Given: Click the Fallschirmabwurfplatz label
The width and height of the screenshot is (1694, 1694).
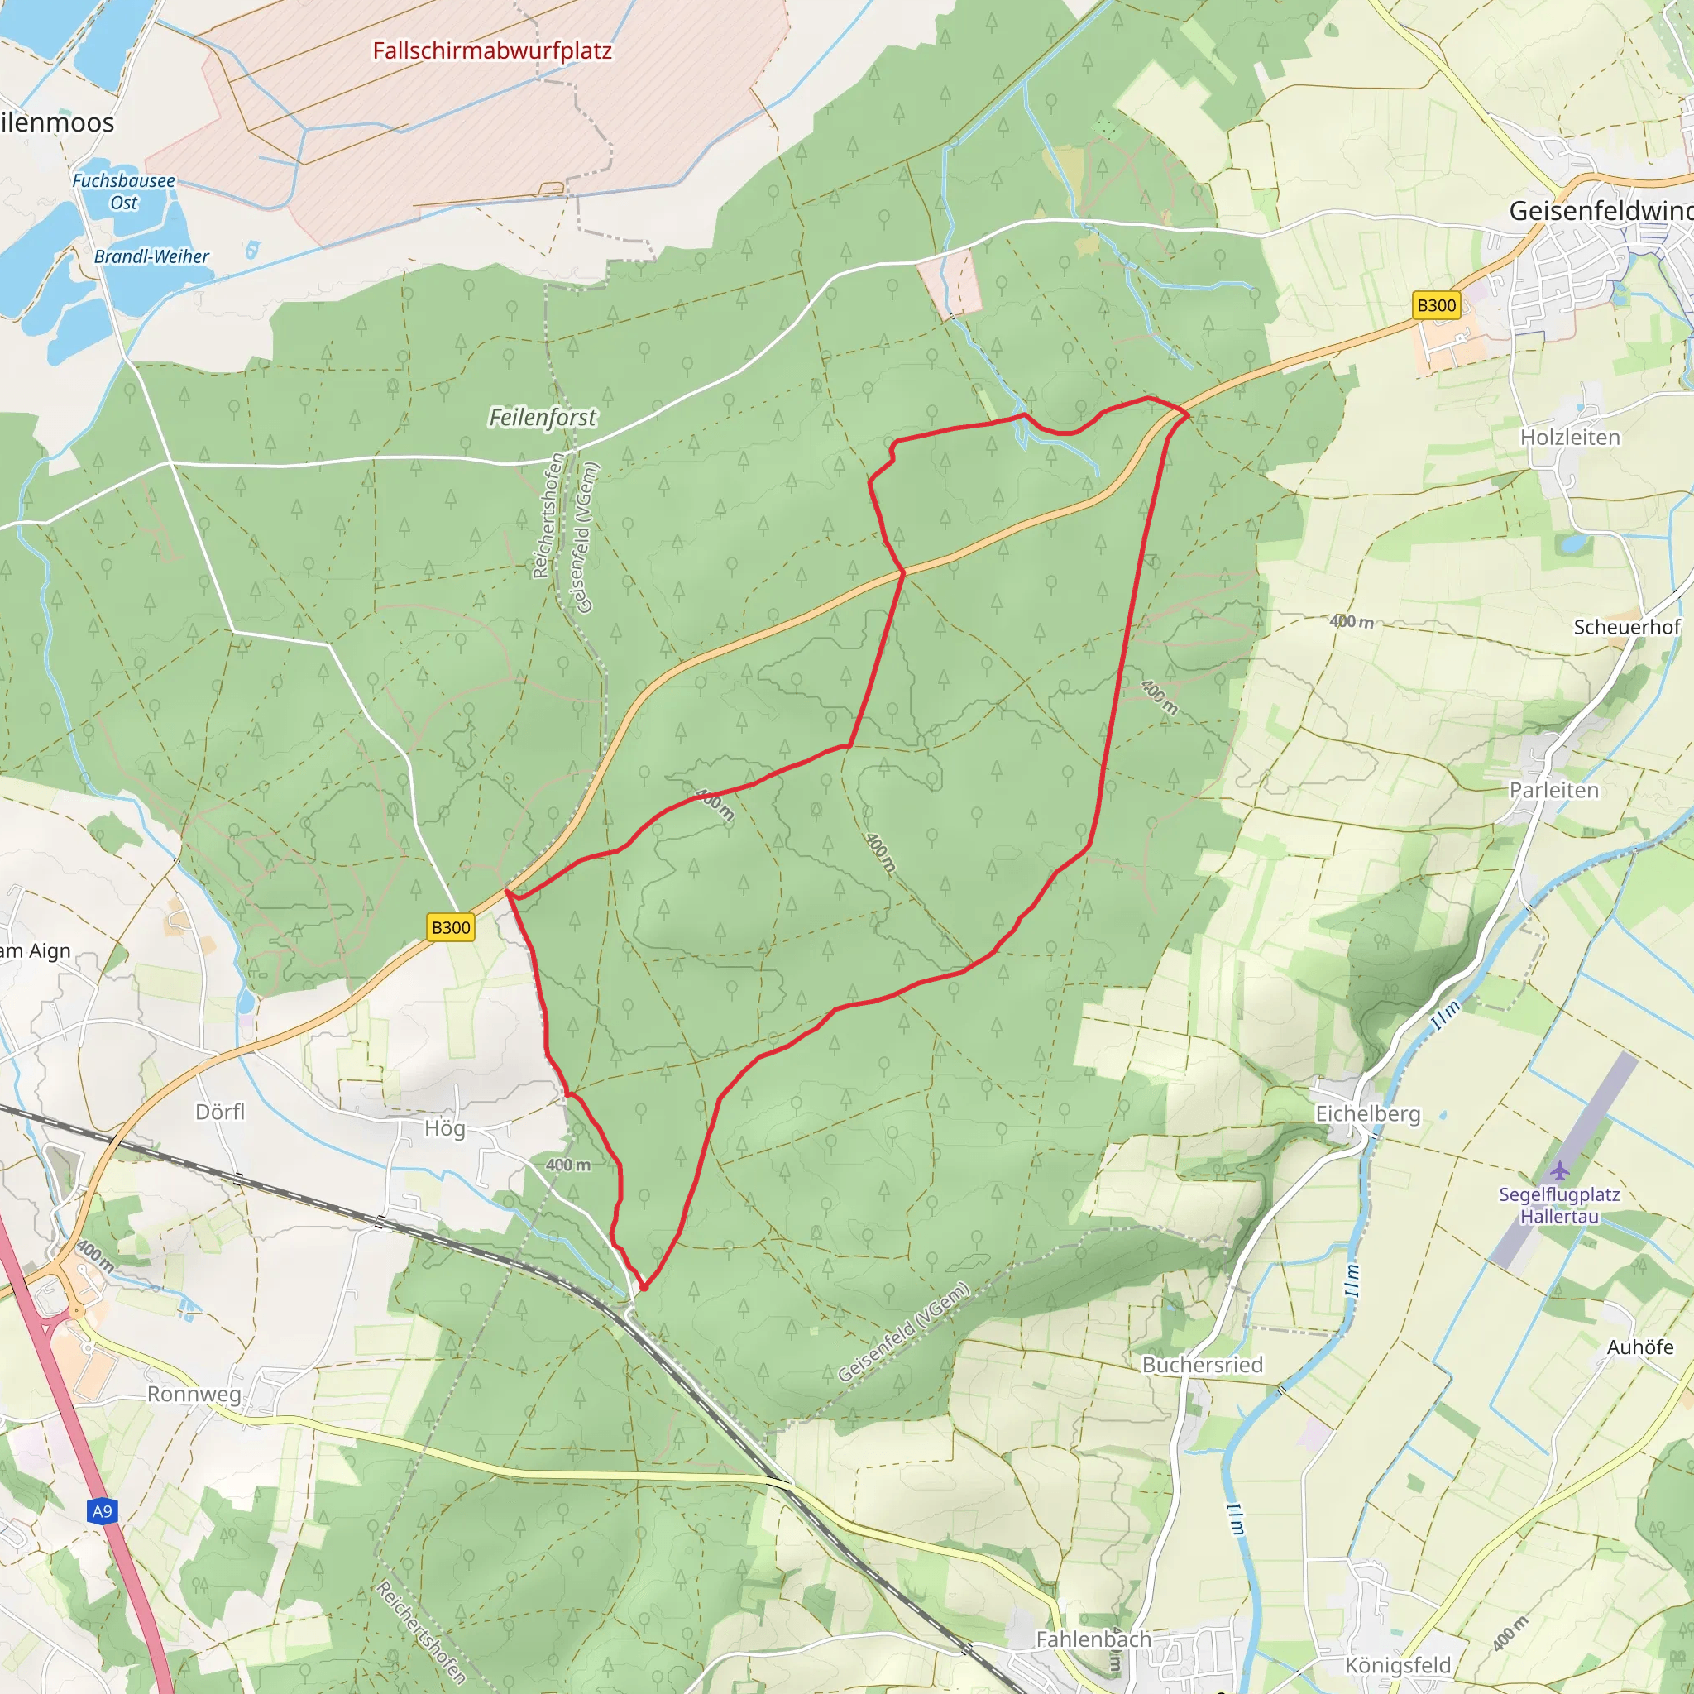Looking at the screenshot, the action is [x=492, y=50].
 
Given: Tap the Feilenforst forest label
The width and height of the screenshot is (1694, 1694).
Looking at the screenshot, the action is [x=542, y=418].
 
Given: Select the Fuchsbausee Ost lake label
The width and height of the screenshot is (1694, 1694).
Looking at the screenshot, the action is [x=123, y=191].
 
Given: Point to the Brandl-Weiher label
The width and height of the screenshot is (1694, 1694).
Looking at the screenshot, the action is [x=151, y=257].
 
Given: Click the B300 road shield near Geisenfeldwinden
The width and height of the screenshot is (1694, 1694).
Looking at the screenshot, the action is [x=1436, y=305].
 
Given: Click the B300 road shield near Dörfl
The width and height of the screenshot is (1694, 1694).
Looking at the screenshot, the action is [x=451, y=928].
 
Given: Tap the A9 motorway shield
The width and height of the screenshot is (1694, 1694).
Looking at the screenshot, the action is [x=103, y=1510].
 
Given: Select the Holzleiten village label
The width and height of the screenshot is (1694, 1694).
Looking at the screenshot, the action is [x=1569, y=438].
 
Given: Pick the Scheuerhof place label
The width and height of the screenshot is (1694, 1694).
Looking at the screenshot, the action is [x=1626, y=627].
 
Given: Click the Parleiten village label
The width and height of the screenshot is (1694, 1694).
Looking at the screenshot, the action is [x=1553, y=790].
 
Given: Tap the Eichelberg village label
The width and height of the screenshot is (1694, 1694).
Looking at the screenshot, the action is [x=1368, y=1113].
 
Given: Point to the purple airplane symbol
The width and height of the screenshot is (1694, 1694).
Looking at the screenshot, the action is [x=1559, y=1170].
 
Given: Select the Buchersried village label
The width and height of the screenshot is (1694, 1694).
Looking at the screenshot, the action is [x=1202, y=1364].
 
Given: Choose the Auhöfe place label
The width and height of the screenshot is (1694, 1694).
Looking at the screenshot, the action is [x=1639, y=1347].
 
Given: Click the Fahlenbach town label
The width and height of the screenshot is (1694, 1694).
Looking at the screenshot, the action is [x=1093, y=1639].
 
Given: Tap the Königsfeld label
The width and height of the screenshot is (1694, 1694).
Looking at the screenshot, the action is [x=1398, y=1665].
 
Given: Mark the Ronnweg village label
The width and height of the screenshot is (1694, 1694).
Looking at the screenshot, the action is [x=194, y=1394].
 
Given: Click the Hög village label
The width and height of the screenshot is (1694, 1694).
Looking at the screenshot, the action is [x=444, y=1128].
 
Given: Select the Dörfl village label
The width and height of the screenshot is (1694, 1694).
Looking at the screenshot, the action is [x=220, y=1112].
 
